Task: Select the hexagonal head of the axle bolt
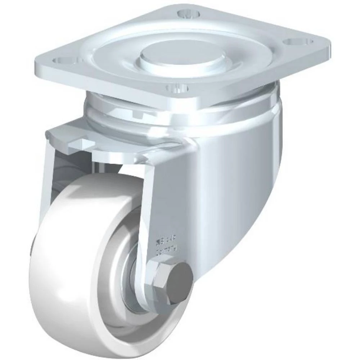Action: click(158, 280)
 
